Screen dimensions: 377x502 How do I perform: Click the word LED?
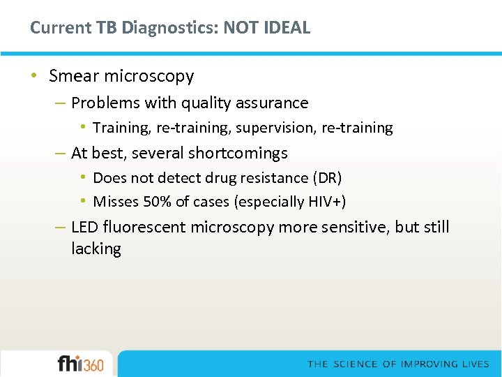click(x=85, y=228)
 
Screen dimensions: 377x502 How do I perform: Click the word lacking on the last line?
click(x=96, y=249)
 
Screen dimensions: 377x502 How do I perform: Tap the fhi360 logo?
click(x=80, y=364)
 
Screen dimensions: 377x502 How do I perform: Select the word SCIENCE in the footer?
click(x=356, y=364)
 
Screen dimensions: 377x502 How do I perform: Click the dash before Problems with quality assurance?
click(x=61, y=103)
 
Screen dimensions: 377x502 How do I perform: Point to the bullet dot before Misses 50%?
click(x=83, y=202)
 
